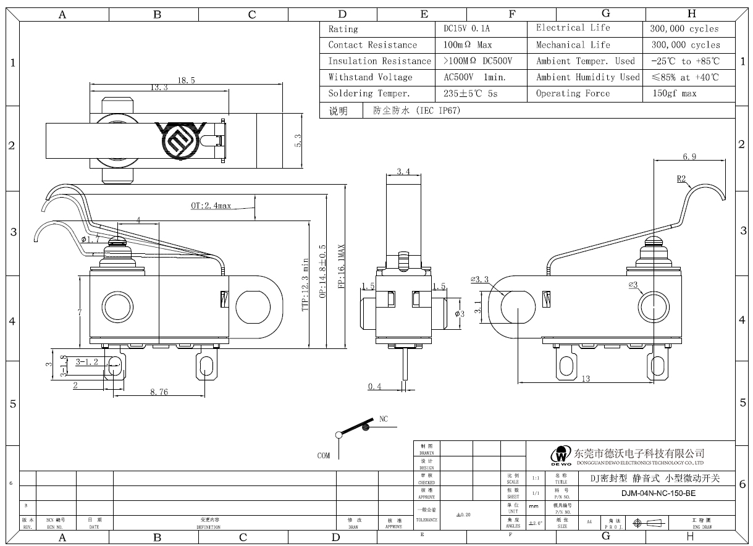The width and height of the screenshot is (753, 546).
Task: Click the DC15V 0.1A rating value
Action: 467,29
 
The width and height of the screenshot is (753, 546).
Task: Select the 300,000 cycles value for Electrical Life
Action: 684,29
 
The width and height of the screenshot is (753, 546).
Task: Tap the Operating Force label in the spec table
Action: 573,94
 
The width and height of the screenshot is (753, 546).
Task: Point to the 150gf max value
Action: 675,94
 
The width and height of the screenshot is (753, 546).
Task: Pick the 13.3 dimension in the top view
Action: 159,88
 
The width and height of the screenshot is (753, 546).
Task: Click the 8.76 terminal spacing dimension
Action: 159,392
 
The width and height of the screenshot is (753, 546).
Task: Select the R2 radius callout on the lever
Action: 681,179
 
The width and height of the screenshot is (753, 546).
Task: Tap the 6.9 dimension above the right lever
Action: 689,157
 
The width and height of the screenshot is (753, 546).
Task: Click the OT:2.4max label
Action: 211,206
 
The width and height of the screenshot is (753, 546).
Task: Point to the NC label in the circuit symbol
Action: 384,419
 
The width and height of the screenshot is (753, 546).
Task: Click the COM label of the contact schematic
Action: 324,456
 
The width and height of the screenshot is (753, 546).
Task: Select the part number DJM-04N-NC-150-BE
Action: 658,493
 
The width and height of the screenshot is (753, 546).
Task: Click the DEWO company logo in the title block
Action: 562,456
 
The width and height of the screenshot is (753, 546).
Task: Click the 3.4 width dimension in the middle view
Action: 403,171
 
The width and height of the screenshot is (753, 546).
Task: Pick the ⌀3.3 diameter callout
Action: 479,280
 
